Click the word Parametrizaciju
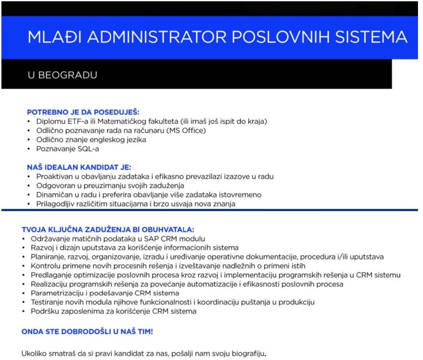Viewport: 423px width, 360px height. point(56,293)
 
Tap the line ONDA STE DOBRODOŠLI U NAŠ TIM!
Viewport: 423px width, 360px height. point(87,331)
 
